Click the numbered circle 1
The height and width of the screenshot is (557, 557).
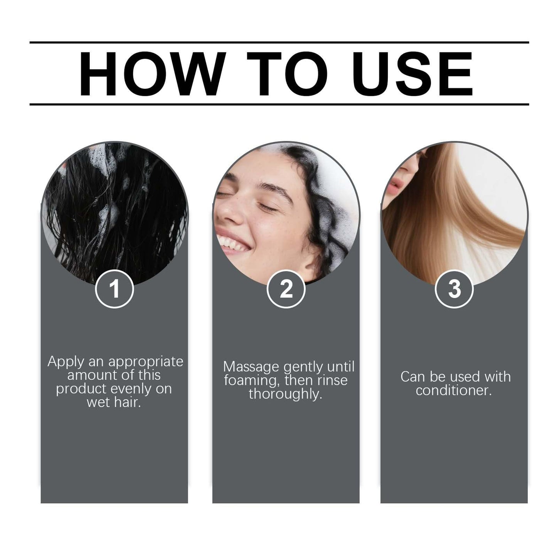click(115, 289)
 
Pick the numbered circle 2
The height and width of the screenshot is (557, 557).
click(286, 289)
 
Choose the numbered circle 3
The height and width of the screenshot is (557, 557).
click(454, 289)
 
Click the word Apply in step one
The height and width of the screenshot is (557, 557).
click(66, 362)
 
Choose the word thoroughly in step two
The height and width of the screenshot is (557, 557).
click(286, 394)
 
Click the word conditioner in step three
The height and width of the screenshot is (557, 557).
click(454, 390)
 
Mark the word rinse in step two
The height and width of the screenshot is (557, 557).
click(332, 380)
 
